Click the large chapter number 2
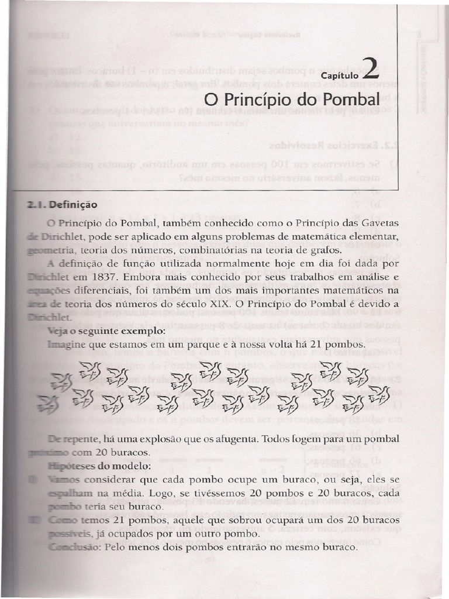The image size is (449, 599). click(x=371, y=68)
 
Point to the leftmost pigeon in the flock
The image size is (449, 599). click(x=47, y=404)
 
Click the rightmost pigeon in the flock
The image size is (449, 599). click(x=379, y=395)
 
